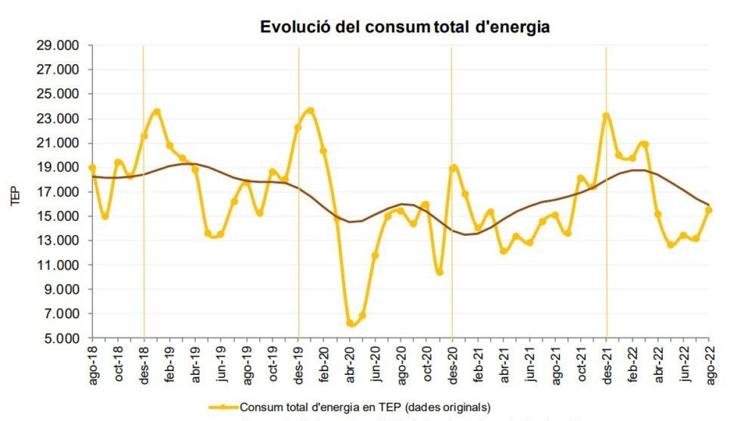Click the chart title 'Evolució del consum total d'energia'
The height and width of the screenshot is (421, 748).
pos(405,27)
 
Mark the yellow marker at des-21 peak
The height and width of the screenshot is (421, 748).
pos(606,115)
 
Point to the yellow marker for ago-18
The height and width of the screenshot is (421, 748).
pos(92,168)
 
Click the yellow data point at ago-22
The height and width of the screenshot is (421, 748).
pos(709,210)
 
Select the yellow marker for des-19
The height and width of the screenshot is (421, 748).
pos(298,127)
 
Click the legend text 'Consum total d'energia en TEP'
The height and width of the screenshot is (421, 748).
pos(365,407)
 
